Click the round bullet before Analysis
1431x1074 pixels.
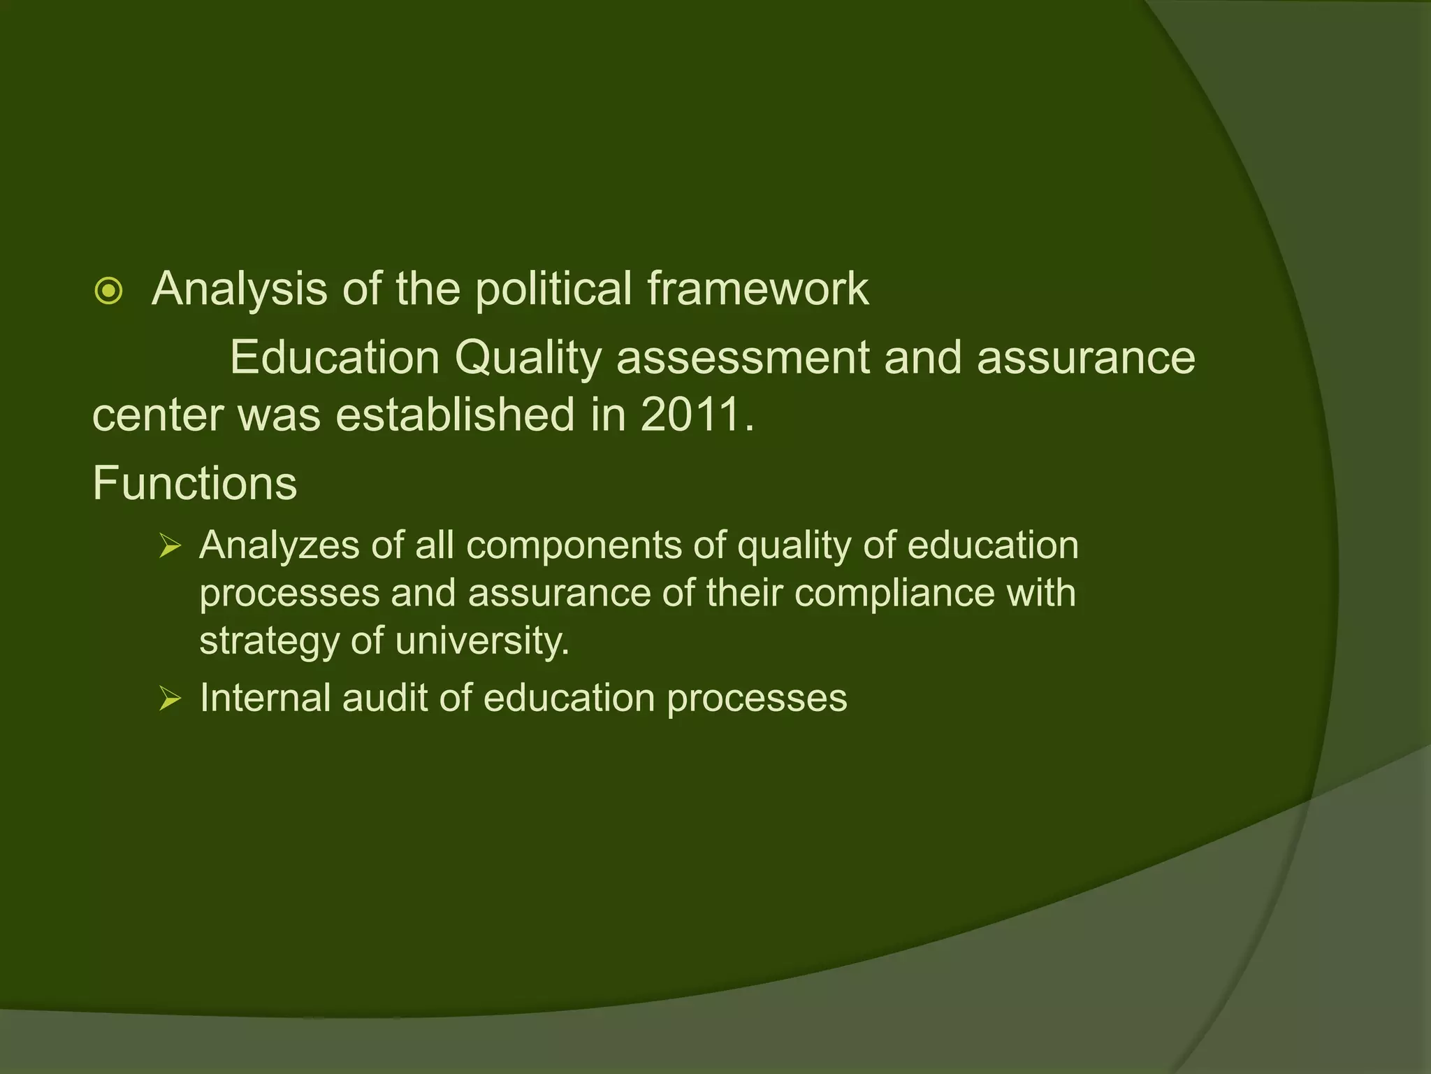click(x=109, y=292)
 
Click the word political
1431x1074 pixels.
click(x=553, y=288)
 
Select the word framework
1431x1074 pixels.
click(x=757, y=288)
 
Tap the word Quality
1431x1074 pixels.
click(x=528, y=358)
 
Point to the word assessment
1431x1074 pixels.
click(x=742, y=358)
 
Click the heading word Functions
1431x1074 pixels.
click(x=195, y=483)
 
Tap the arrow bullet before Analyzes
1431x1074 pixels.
click(x=170, y=545)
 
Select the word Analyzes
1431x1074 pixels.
click(x=279, y=545)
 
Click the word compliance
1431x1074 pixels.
click(x=894, y=594)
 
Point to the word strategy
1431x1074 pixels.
click(x=268, y=642)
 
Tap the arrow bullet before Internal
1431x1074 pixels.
click(x=170, y=698)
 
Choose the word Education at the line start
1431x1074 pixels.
click(x=335, y=358)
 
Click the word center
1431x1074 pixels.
click(x=159, y=415)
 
